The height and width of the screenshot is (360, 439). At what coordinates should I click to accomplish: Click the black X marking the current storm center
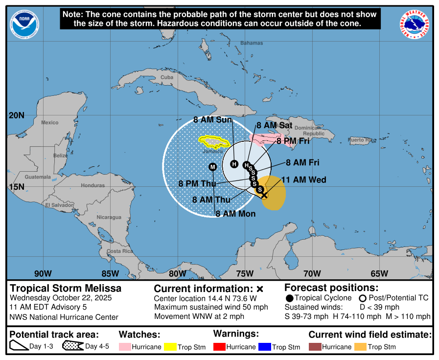point(264,195)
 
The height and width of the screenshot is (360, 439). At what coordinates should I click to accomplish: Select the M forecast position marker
point(212,167)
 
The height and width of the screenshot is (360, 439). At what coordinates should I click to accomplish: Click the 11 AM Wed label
point(303,180)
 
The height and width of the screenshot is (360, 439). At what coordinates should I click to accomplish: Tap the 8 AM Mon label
point(235,214)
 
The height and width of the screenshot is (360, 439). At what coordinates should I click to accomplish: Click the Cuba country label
point(167,77)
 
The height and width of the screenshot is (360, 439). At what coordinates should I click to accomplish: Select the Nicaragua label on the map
point(109,217)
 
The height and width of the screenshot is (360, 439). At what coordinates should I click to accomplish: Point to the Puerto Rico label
point(363,140)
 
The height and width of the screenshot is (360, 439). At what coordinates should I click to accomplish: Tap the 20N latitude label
point(16,115)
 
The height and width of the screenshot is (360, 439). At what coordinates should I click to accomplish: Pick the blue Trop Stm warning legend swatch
point(264,347)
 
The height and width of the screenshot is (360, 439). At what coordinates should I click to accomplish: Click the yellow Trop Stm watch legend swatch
point(170,347)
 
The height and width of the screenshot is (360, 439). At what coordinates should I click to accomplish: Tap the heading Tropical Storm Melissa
point(66,288)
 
